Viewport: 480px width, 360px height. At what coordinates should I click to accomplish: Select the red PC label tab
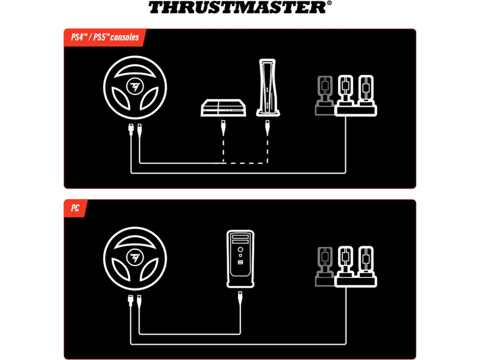click(x=75, y=208)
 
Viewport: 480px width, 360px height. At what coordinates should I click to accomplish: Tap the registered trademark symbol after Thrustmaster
click(x=329, y=3)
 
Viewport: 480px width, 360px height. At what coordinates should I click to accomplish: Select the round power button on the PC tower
click(x=240, y=250)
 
